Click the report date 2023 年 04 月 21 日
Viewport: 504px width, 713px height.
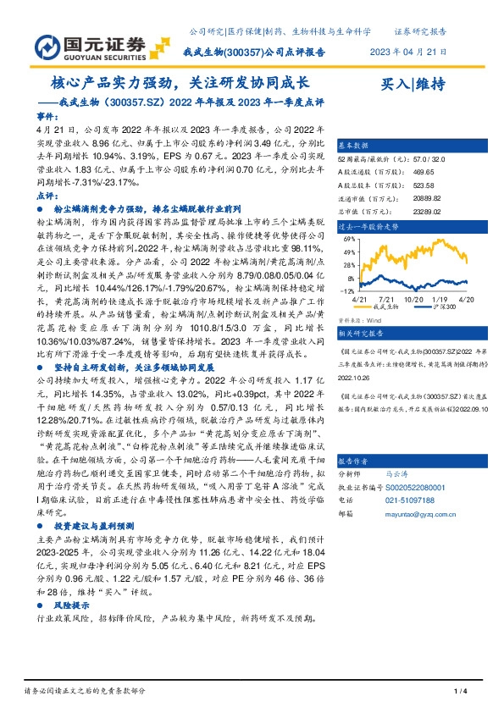coord(408,52)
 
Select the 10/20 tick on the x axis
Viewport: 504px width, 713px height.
coord(414,298)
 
